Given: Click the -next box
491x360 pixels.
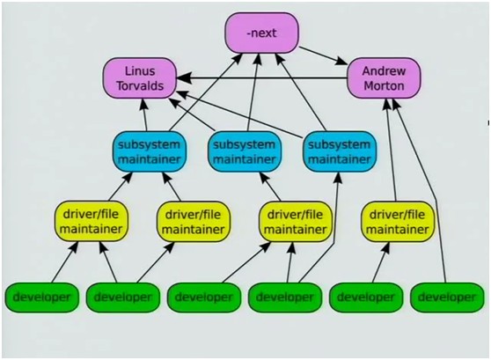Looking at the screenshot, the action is [x=262, y=33].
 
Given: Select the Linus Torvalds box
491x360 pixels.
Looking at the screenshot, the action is [x=140, y=78].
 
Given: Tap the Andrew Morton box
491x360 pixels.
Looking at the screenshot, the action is [x=384, y=78].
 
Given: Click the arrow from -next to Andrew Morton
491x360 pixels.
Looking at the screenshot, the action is [x=323, y=56].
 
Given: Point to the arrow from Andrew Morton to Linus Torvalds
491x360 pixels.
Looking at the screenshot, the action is [x=262, y=78].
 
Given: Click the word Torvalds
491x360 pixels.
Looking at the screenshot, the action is [x=140, y=85].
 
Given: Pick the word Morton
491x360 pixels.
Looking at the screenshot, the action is [x=384, y=85].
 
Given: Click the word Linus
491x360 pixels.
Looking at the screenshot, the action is [x=140, y=71].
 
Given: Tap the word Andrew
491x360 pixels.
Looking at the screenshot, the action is [x=384, y=71].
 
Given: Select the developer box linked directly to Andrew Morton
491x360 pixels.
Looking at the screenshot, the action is [x=447, y=298].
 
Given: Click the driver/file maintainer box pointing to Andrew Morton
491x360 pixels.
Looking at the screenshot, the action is [x=398, y=222].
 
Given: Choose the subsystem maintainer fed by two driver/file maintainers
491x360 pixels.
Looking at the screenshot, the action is [x=150, y=152].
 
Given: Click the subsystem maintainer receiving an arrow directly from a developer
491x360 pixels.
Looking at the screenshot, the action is [x=340, y=152].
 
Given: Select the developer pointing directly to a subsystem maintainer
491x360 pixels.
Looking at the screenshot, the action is [x=284, y=298].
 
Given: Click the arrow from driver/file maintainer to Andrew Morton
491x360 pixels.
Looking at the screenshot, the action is [x=391, y=151].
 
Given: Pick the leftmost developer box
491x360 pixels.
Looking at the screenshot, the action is [x=41, y=298].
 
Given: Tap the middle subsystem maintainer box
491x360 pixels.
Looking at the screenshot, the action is [x=245, y=152].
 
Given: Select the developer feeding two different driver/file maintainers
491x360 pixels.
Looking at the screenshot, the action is [x=123, y=298].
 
